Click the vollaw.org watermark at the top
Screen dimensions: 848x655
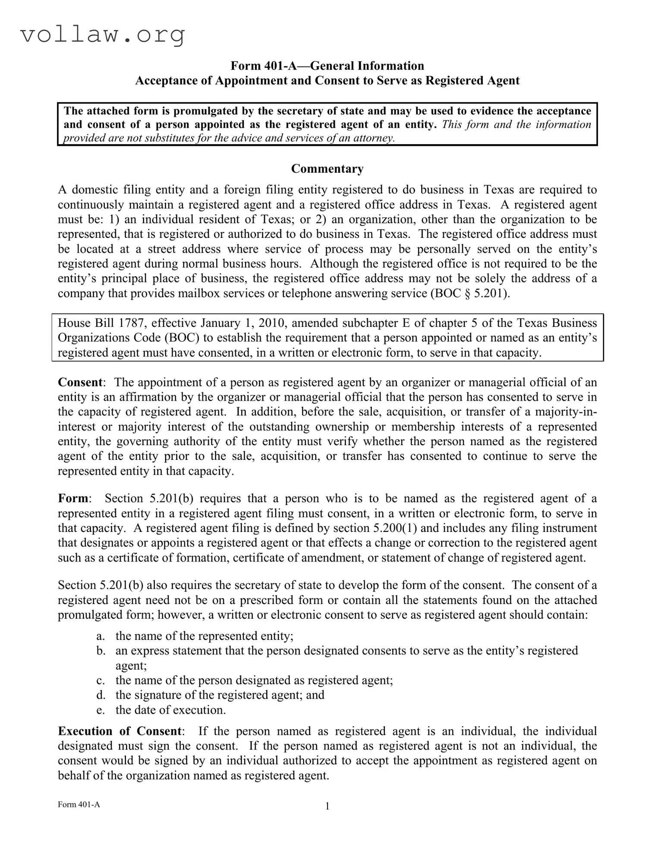click(103, 35)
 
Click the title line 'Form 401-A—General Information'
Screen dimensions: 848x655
click(327, 66)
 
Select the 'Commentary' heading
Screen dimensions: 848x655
click(327, 168)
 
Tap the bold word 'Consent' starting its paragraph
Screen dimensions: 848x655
click(80, 382)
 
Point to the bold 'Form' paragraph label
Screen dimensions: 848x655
click(73, 498)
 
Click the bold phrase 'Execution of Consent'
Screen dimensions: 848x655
click(120, 731)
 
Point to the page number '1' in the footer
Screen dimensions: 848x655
click(327, 806)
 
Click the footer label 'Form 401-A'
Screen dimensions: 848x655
click(79, 804)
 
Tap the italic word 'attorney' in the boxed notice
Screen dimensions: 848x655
click(376, 138)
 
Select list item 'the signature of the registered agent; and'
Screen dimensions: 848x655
click(220, 695)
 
